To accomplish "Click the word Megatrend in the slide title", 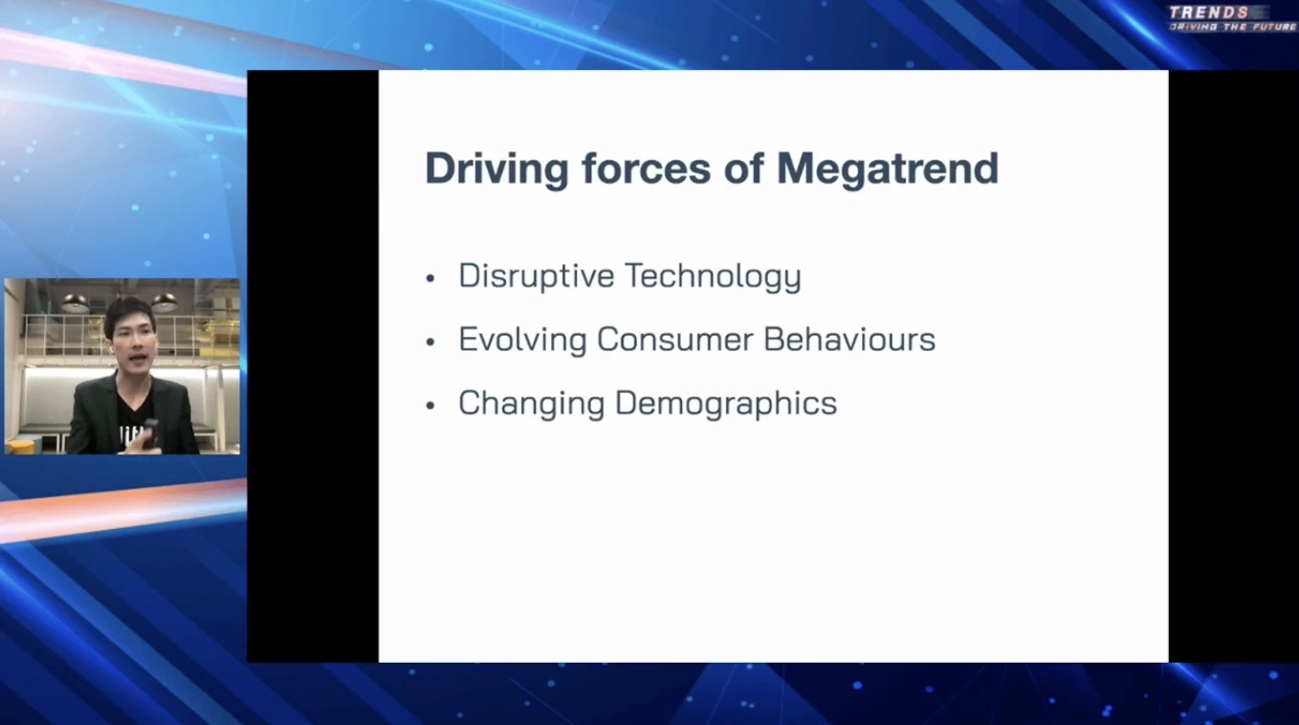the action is click(888, 168).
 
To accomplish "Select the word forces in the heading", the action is click(647, 168).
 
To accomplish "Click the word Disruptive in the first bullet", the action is click(537, 276).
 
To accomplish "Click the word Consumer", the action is click(675, 340).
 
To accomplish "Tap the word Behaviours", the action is click(849, 340).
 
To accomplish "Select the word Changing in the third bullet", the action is click(532, 404).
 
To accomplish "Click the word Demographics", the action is click(726, 404).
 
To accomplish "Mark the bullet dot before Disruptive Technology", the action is click(429, 279).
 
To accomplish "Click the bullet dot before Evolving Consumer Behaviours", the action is click(429, 342).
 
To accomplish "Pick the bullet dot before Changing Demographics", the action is click(429, 406).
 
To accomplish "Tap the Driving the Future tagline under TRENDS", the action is click(1232, 28).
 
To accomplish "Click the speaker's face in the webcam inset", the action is click(132, 342).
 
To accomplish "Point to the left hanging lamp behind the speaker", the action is click(76, 303).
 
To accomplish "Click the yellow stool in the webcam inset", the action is click(21, 447).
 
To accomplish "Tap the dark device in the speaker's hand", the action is click(151, 432).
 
